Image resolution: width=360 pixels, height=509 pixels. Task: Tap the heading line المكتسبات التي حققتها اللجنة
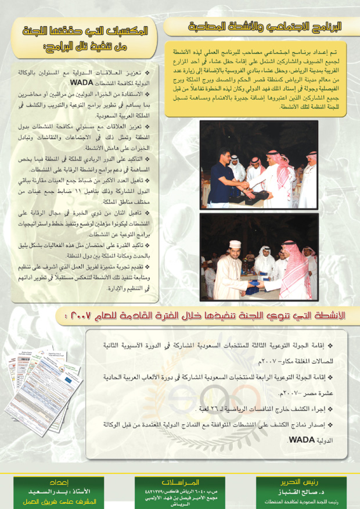point(87,30)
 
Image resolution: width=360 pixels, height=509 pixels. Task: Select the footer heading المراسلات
point(180,482)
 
